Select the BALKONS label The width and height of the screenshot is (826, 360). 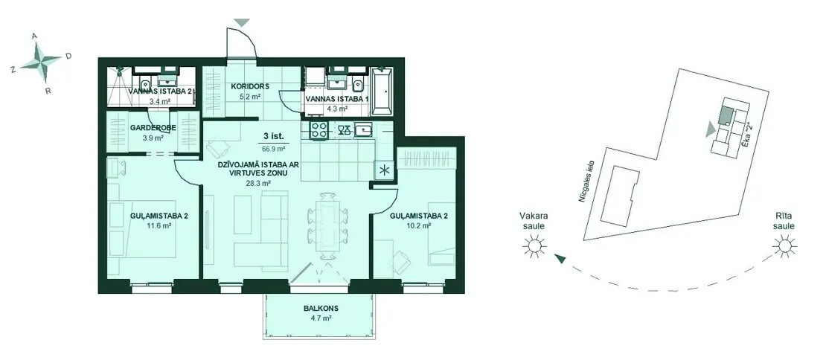coord(321,309)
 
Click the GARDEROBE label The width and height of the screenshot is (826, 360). coord(148,127)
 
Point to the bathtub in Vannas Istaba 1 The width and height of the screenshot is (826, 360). coord(382,91)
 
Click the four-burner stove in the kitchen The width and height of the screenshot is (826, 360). coord(318,129)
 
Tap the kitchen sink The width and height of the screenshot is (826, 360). coord(363,129)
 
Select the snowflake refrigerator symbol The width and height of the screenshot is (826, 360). coord(385,170)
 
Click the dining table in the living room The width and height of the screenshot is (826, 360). coord(329,225)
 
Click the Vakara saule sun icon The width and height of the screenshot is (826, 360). coord(534,245)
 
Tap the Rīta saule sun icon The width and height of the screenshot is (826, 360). coord(784,245)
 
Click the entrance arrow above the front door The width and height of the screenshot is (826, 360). coord(242,22)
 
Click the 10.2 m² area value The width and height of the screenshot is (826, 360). coord(411,225)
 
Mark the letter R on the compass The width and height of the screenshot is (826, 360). coord(48,91)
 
